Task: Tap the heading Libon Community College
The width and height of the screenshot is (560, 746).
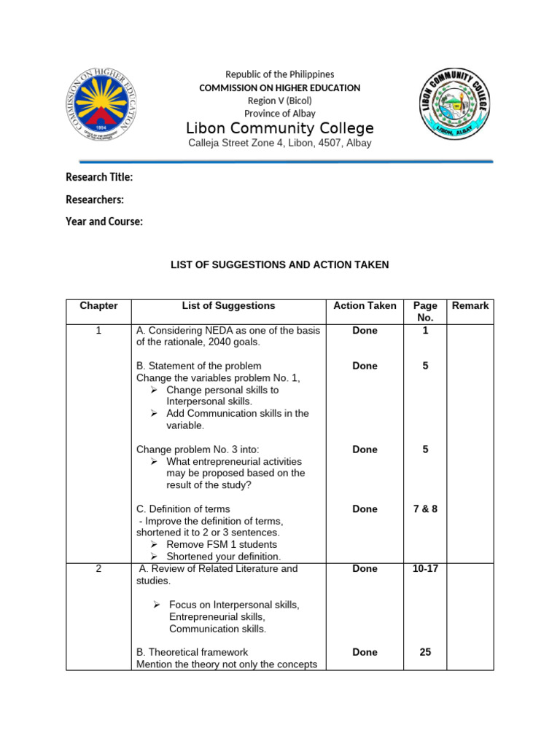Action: pyautogui.click(x=280, y=129)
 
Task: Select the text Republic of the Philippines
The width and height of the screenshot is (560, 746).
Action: pyautogui.click(x=280, y=74)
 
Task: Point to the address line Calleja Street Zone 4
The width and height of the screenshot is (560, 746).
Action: pyautogui.click(x=280, y=144)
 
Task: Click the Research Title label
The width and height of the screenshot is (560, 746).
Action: pyautogui.click(x=99, y=177)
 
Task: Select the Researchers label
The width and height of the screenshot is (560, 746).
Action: pyautogui.click(x=95, y=200)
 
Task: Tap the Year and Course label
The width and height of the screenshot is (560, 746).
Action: pyautogui.click(x=104, y=221)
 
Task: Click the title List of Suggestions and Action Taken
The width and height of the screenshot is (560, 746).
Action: pyautogui.click(x=280, y=264)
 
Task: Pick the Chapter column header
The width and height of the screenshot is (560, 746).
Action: pyautogui.click(x=98, y=306)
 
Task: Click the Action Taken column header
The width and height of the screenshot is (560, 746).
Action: pyautogui.click(x=365, y=306)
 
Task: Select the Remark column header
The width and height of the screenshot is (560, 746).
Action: pyautogui.click(x=470, y=306)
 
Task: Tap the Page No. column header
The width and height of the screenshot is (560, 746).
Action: pyautogui.click(x=425, y=312)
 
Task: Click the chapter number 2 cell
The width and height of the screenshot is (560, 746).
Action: pyautogui.click(x=98, y=569)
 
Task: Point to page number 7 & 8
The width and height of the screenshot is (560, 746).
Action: pyautogui.click(x=425, y=509)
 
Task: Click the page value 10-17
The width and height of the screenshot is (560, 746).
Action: pyautogui.click(x=425, y=569)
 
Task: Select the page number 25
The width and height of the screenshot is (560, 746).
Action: pyautogui.click(x=425, y=653)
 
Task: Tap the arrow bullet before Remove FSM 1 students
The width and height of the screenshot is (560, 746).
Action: pyautogui.click(x=155, y=545)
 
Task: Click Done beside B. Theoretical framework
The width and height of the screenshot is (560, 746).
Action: pyautogui.click(x=365, y=653)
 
